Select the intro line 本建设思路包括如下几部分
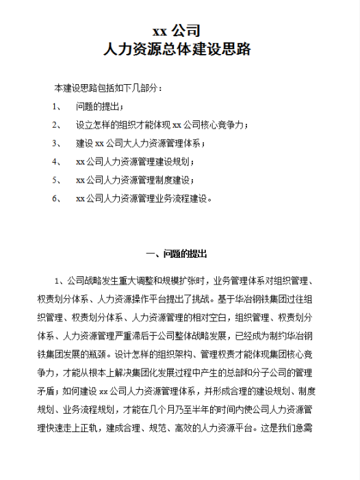109,88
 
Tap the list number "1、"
57,107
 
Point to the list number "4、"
57,162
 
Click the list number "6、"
57,199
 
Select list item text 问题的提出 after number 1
100,107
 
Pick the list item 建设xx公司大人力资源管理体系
141,144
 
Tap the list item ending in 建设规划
136,162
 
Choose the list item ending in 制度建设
136,181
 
